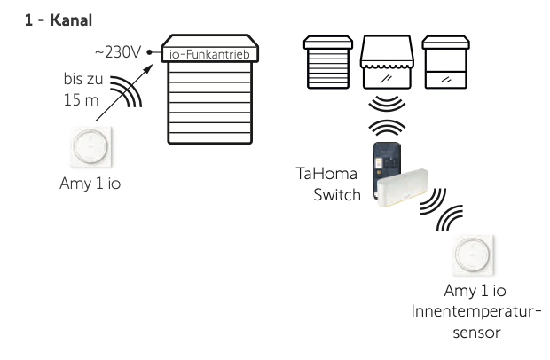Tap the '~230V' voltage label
(x=119, y=53)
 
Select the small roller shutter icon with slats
(x=322, y=63)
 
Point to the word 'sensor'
(x=477, y=332)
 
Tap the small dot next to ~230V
(x=151, y=53)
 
